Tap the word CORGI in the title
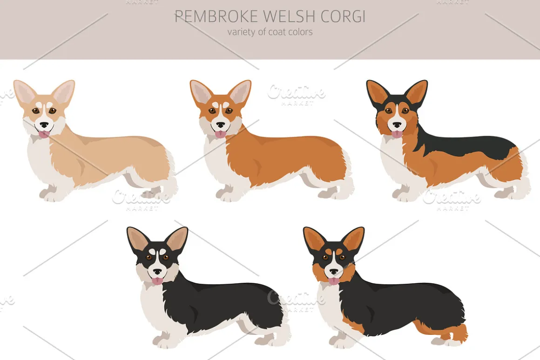click(x=343, y=16)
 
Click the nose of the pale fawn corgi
click(x=44, y=125)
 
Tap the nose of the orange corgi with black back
click(x=397, y=125)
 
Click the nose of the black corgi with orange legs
click(x=334, y=272)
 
